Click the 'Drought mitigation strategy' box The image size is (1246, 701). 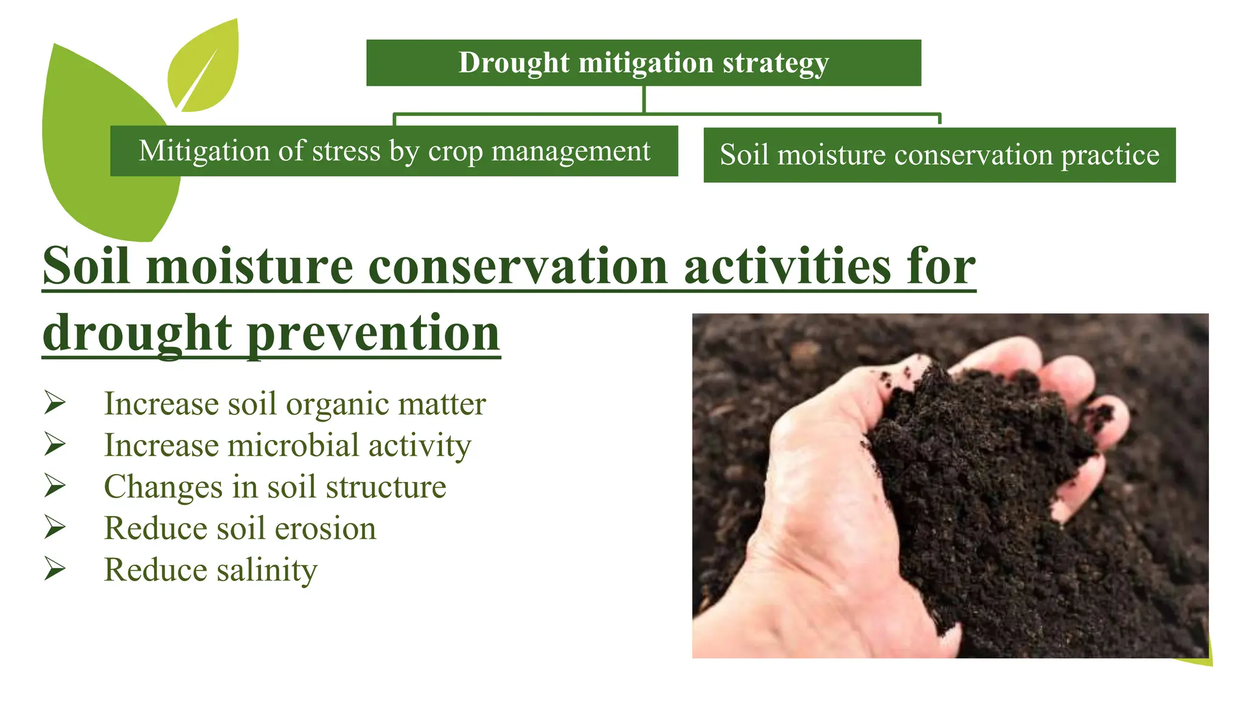(x=643, y=63)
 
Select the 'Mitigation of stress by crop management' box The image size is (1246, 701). (x=394, y=151)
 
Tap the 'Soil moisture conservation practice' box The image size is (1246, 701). (x=939, y=155)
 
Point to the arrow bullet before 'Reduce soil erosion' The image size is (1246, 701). (x=55, y=527)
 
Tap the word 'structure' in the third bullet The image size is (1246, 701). (x=386, y=487)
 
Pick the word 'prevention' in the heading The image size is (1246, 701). (x=374, y=333)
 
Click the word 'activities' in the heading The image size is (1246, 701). (x=787, y=267)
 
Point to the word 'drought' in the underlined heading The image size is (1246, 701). (x=137, y=333)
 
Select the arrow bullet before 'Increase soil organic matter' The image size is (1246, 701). (x=55, y=403)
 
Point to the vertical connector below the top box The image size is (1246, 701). (x=643, y=99)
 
